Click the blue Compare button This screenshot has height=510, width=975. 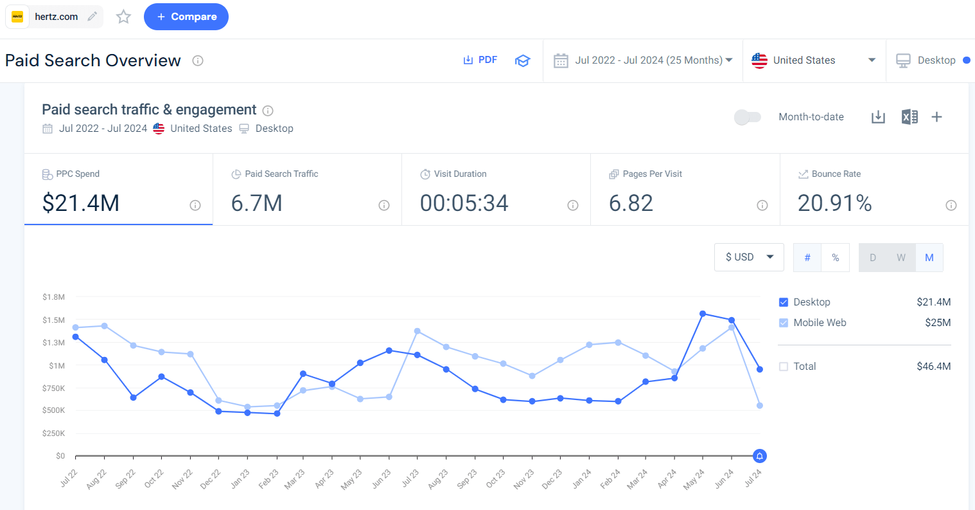tap(186, 17)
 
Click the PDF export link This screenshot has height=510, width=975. tap(480, 60)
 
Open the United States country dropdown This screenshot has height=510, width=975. tap(814, 60)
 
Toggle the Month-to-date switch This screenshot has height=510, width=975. tap(748, 117)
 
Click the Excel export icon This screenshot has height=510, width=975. tap(909, 117)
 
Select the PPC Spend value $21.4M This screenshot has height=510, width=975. tap(81, 203)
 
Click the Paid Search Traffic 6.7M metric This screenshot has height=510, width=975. tap(257, 203)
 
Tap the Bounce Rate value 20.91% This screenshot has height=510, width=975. tap(834, 203)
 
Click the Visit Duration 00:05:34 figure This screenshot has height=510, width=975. tap(464, 203)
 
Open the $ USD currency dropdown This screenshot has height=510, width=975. tap(748, 257)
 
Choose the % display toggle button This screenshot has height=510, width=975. tap(835, 258)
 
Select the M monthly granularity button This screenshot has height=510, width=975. tap(929, 258)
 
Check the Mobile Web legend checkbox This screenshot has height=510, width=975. tap(784, 323)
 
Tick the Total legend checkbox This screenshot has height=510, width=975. tap(784, 367)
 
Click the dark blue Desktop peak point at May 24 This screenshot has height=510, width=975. tap(703, 314)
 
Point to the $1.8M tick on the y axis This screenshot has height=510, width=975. tap(54, 297)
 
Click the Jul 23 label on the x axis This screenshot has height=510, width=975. tap(410, 478)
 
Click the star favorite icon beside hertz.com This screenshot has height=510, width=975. tap(123, 17)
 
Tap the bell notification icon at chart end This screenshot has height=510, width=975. tap(760, 456)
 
